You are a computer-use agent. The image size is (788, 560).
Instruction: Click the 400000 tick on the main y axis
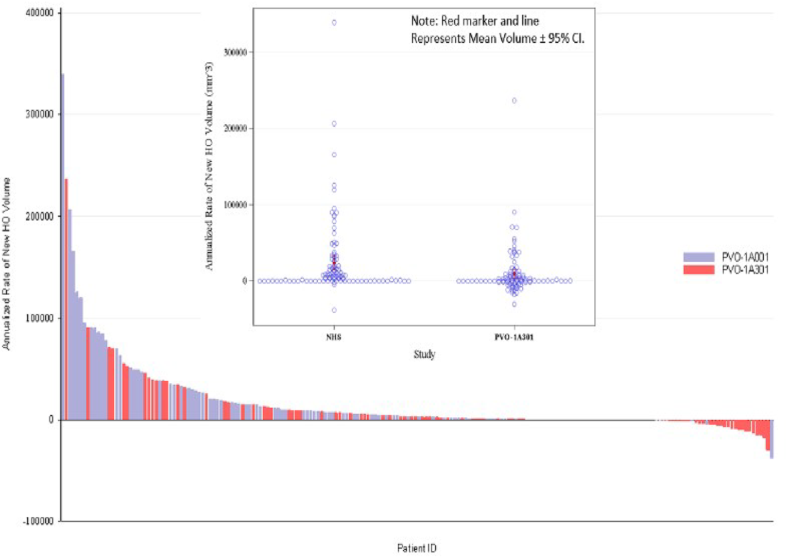pyautogui.click(x=40, y=12)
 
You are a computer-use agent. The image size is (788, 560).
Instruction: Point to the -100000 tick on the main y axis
pyautogui.click(x=38, y=521)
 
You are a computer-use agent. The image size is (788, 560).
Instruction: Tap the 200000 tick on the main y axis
pyautogui.click(x=40, y=216)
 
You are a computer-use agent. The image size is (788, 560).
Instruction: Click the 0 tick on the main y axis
pyautogui.click(x=51, y=420)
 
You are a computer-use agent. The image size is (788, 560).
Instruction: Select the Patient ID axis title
pyautogui.click(x=417, y=548)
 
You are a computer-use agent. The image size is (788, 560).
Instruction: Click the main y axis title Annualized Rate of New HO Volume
pyautogui.click(x=7, y=264)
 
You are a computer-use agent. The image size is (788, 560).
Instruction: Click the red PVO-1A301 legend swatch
pyautogui.click(x=699, y=270)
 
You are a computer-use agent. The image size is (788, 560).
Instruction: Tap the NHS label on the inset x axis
pyautogui.click(x=334, y=337)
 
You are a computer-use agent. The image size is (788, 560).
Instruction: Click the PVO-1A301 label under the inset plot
pyautogui.click(x=514, y=337)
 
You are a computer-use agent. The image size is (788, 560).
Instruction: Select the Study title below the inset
pyautogui.click(x=424, y=354)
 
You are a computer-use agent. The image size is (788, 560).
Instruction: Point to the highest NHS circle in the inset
pyautogui.click(x=334, y=23)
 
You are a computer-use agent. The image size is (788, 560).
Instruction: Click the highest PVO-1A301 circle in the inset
pyautogui.click(x=514, y=101)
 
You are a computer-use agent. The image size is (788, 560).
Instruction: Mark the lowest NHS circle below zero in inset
pyautogui.click(x=334, y=310)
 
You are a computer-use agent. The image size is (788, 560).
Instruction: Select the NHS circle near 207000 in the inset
pyautogui.click(x=334, y=124)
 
